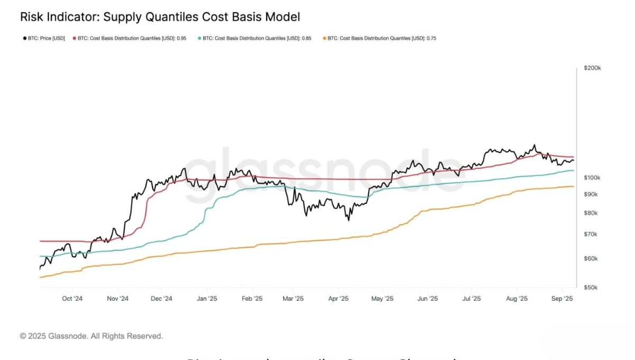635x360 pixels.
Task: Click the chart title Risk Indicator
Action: [x=160, y=17]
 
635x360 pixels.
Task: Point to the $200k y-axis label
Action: [x=592, y=68]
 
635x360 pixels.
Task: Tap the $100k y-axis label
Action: [x=592, y=178]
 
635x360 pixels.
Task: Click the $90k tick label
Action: [x=591, y=194]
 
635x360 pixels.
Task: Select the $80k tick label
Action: [x=591, y=213]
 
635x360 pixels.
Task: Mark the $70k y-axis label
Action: [x=591, y=234]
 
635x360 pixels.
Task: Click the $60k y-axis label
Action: [x=591, y=258]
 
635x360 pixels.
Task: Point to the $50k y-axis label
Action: [x=591, y=287]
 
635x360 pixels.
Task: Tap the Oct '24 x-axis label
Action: [x=72, y=299]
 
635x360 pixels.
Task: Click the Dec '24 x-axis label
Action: [x=161, y=299]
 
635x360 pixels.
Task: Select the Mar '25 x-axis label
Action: [x=292, y=299]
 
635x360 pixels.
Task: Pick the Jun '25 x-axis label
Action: [x=428, y=299]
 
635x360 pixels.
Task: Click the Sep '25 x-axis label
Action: [x=563, y=299]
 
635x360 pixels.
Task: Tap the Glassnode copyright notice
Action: [x=92, y=336]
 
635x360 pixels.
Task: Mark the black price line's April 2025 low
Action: [x=348, y=220]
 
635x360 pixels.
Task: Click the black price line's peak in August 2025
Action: [x=534, y=145]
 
